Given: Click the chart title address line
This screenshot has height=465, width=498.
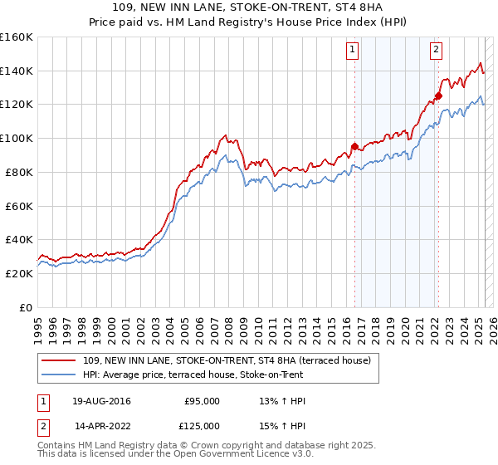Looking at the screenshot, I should click(248, 7).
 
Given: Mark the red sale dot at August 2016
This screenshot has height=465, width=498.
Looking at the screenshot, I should click(354, 146).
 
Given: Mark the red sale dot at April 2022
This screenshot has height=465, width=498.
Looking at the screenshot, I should click(438, 95).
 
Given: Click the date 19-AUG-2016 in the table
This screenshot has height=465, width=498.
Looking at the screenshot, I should click(102, 401).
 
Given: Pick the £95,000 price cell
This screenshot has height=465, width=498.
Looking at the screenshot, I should click(201, 401).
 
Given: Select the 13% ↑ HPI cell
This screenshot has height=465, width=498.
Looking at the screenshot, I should click(282, 401).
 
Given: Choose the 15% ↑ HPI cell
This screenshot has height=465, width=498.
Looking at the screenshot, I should click(282, 426).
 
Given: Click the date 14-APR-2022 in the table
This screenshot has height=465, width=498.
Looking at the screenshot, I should click(102, 426).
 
